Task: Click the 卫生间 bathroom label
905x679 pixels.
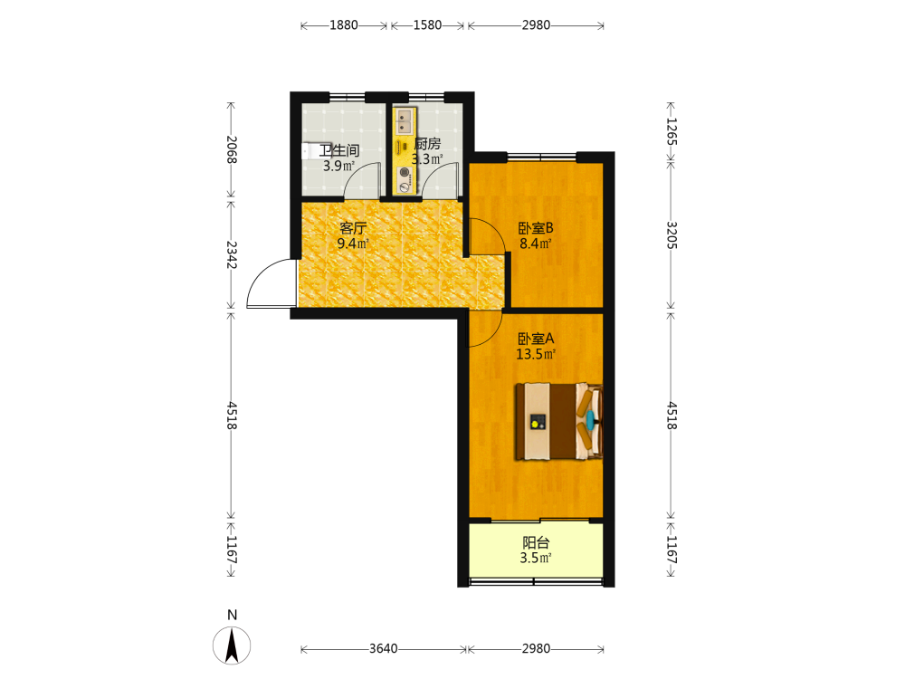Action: tap(339, 150)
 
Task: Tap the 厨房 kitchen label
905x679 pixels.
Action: tap(427, 143)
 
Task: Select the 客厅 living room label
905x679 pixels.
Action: tap(353, 228)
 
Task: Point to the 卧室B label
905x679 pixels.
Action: tap(536, 228)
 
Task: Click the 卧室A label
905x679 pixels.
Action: tap(536, 339)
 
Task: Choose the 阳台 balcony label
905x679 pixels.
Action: tap(536, 542)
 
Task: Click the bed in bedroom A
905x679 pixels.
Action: tap(558, 422)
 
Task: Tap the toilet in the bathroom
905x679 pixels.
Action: tap(309, 151)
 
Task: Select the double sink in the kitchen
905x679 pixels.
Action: tap(405, 120)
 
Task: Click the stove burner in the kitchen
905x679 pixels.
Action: tap(405, 172)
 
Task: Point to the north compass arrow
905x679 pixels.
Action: tap(232, 646)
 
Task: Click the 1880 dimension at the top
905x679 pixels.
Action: tap(343, 24)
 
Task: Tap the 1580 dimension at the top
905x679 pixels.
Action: tap(427, 24)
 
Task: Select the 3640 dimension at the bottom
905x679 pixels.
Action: tap(383, 648)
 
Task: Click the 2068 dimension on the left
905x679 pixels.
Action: tap(232, 149)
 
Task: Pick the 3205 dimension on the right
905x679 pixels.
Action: tap(672, 235)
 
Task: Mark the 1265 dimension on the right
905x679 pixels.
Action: tap(672, 131)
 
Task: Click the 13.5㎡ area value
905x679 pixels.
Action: tap(536, 354)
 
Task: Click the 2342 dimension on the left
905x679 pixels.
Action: tap(232, 254)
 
